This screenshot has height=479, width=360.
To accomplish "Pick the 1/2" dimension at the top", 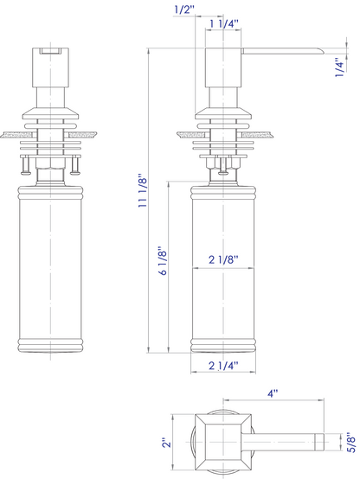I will tap(183, 10).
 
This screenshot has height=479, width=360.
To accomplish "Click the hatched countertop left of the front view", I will tap(15, 135).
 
